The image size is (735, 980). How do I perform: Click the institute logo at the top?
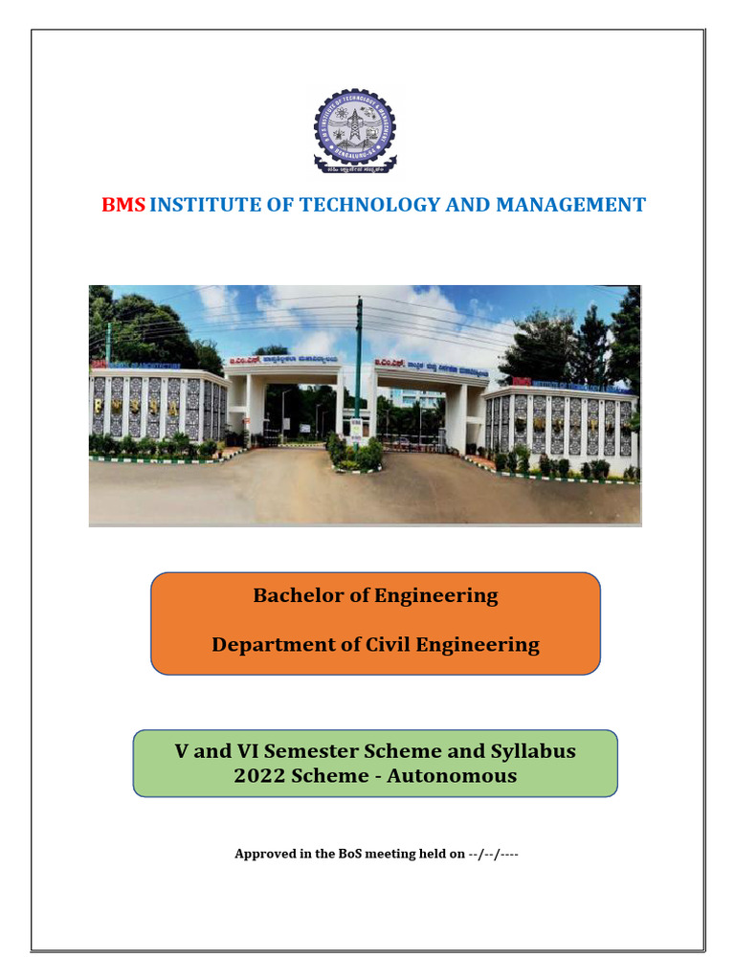355,130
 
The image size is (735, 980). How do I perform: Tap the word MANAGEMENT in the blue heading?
570,205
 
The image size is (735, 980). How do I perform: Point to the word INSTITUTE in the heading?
202,205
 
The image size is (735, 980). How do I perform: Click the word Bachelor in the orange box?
296,595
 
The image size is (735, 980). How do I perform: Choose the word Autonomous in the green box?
458,776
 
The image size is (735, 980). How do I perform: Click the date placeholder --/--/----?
494,854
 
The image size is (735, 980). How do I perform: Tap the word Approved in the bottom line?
265,854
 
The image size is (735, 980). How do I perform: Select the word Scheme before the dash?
329,776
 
